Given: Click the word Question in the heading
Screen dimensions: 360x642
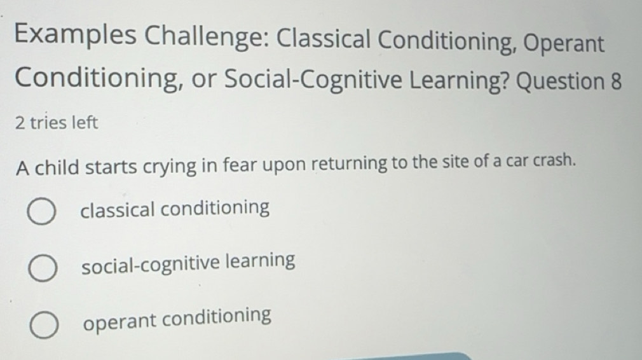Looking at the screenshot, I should (x=557, y=83).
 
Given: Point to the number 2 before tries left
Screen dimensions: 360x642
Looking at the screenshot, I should (x=20, y=123).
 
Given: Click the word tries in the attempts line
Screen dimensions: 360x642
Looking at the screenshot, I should (x=48, y=123).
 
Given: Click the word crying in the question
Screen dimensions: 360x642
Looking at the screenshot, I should (x=168, y=167).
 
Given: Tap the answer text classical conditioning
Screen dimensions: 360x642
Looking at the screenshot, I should (x=175, y=208).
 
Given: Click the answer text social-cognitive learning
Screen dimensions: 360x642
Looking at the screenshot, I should (x=188, y=262).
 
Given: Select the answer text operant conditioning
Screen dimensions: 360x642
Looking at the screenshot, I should (x=177, y=316).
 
